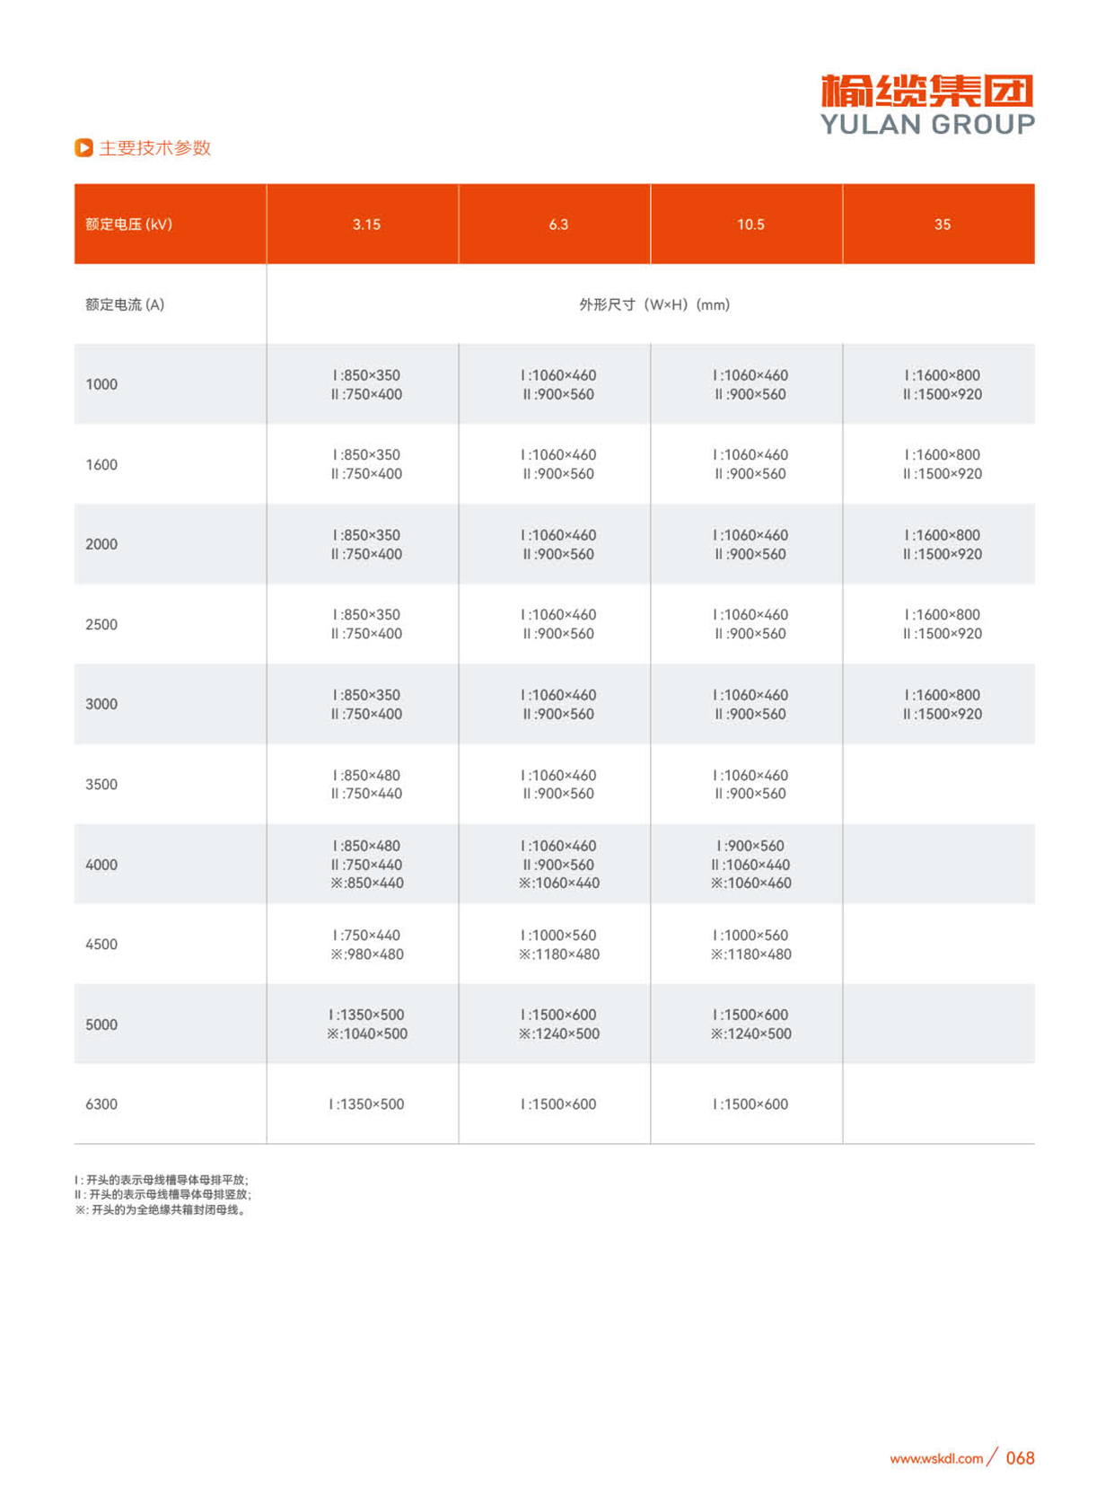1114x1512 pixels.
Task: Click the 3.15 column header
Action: [x=366, y=224]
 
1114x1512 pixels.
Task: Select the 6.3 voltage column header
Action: [x=558, y=224]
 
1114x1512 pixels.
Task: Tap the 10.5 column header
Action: [x=750, y=224]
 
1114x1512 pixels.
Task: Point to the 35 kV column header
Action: [x=942, y=224]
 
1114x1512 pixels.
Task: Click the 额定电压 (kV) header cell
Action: [x=128, y=224]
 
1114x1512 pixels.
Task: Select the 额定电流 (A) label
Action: [x=125, y=304]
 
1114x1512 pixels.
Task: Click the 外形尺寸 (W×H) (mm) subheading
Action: [x=654, y=304]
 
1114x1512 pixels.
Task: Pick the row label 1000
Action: [x=101, y=384]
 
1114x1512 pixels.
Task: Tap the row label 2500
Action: [x=101, y=624]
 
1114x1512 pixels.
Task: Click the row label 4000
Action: [x=101, y=865]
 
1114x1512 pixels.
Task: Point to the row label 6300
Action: [x=101, y=1104]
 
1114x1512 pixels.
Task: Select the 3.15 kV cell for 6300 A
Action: [x=366, y=1104]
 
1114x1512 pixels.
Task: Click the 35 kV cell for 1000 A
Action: [x=942, y=384]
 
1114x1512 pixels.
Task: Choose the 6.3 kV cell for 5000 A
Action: [x=558, y=1024]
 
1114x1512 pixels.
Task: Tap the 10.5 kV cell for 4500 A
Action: [x=750, y=945]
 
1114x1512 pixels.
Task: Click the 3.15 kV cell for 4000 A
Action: [x=366, y=865]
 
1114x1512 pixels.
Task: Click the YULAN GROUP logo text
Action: [x=927, y=124]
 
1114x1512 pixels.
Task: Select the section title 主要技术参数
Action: [x=154, y=148]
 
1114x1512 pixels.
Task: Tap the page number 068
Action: [x=1020, y=1458]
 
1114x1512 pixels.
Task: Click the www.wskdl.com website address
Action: [x=936, y=1459]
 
